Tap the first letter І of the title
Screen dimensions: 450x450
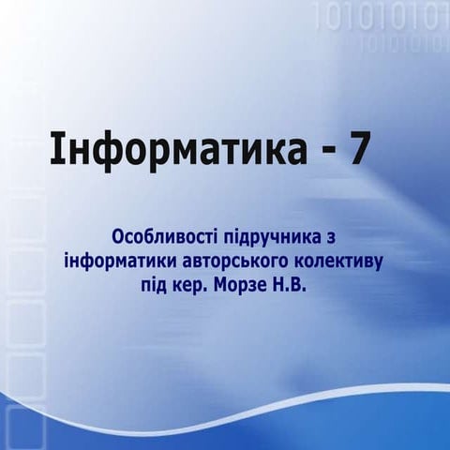pos(55,149)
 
